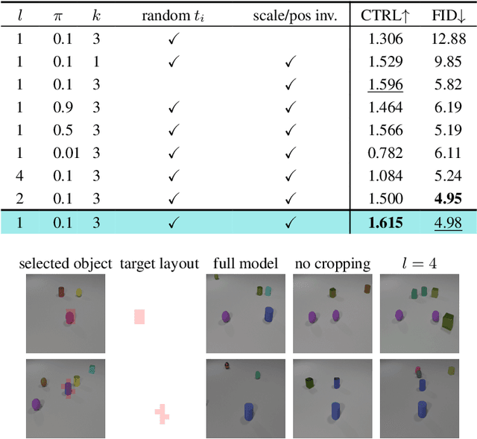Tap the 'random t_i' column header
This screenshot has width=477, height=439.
click(x=173, y=15)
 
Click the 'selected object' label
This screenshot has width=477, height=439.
click(x=65, y=263)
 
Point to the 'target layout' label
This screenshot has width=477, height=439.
click(x=159, y=263)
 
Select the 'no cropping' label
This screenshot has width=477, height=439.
click(x=332, y=263)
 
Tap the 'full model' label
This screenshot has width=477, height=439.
click(x=245, y=263)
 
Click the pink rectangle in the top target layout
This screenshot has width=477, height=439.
click(x=139, y=316)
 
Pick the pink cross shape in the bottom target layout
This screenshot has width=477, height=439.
click(x=162, y=414)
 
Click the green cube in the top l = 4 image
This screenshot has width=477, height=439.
click(x=449, y=321)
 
